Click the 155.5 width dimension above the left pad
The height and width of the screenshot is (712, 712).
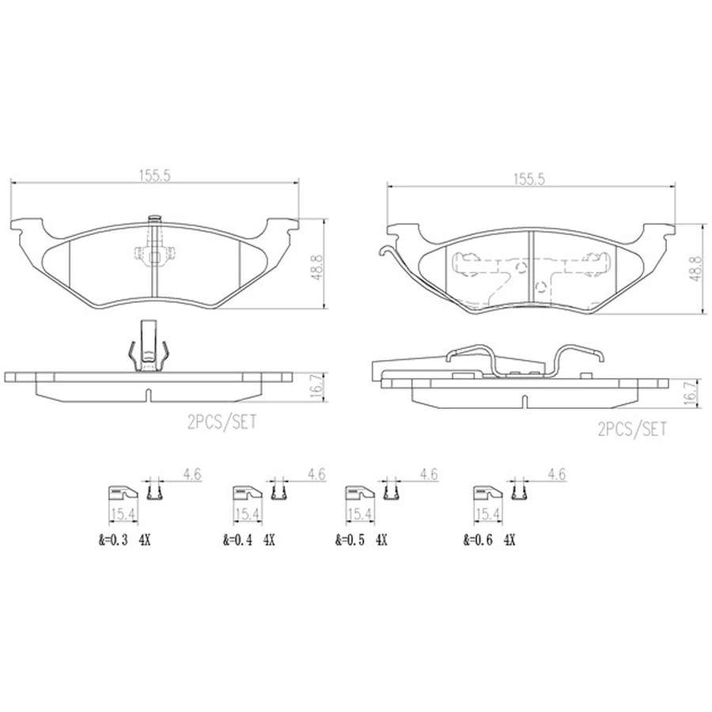click(x=154, y=176)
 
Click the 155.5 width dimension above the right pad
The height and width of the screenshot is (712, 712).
click(x=529, y=180)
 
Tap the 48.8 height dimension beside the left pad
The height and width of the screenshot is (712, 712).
click(x=317, y=267)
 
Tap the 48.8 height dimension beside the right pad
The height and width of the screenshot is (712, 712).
click(x=695, y=268)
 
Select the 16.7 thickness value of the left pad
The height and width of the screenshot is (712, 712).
click(x=318, y=387)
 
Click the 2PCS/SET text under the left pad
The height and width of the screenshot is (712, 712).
click(x=222, y=422)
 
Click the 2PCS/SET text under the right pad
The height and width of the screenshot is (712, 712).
click(x=633, y=429)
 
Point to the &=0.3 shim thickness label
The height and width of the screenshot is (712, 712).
click(x=112, y=540)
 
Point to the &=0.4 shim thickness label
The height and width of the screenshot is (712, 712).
click(x=237, y=540)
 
